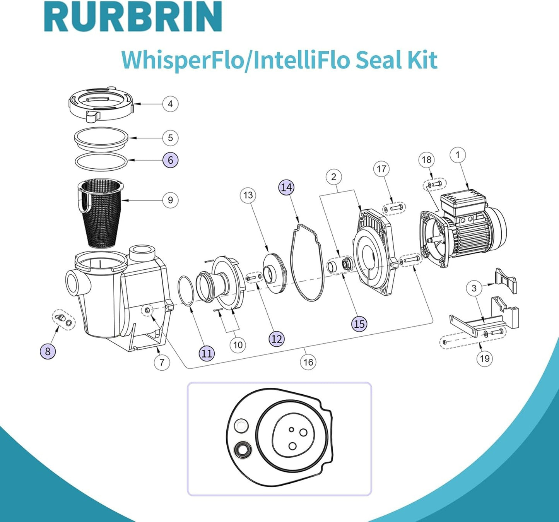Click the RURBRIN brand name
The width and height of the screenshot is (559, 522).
point(133,16)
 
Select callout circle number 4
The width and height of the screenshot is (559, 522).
point(170,104)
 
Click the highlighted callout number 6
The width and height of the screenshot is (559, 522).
point(170,160)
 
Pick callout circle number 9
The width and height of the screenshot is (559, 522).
point(170,200)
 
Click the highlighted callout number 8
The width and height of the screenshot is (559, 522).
point(48,351)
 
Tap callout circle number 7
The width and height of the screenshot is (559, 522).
point(162,362)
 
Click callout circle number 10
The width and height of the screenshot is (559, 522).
point(238,345)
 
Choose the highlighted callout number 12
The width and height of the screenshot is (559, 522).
point(277,339)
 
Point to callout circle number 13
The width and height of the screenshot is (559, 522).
point(248,195)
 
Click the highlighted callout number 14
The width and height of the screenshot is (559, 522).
point(287,187)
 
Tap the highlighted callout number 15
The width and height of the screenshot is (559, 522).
point(359,324)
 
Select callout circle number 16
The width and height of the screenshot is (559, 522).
point(308,362)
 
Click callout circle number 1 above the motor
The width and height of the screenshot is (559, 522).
point(458,155)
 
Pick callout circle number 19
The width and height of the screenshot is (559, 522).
point(485,358)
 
